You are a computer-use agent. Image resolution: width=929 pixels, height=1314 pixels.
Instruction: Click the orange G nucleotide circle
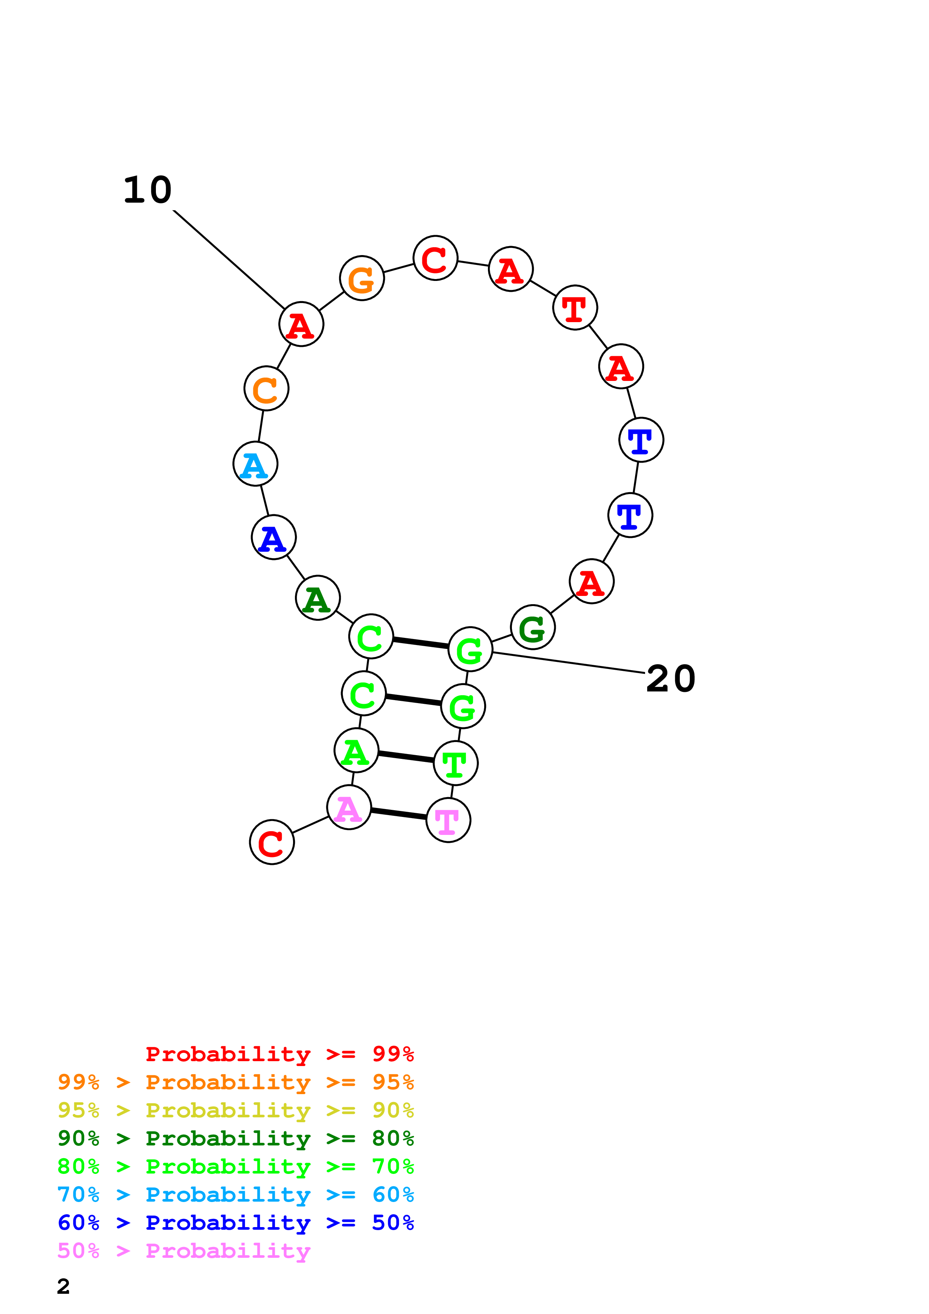tap(362, 278)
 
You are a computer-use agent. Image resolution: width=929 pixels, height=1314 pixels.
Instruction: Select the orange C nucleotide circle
tap(266, 388)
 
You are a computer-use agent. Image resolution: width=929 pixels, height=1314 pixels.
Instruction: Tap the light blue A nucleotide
tap(255, 464)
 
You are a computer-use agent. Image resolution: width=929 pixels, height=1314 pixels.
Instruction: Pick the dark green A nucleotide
tap(318, 598)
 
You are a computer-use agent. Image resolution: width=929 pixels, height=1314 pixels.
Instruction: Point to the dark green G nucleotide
tap(532, 627)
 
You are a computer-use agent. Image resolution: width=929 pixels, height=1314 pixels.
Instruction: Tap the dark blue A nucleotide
tap(274, 538)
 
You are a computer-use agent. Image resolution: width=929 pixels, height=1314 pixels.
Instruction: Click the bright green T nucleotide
tap(456, 763)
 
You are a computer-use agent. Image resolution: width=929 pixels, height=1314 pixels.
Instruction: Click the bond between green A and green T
tap(406, 757)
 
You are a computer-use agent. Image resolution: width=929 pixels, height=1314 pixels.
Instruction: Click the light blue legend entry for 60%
tap(235, 1195)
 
